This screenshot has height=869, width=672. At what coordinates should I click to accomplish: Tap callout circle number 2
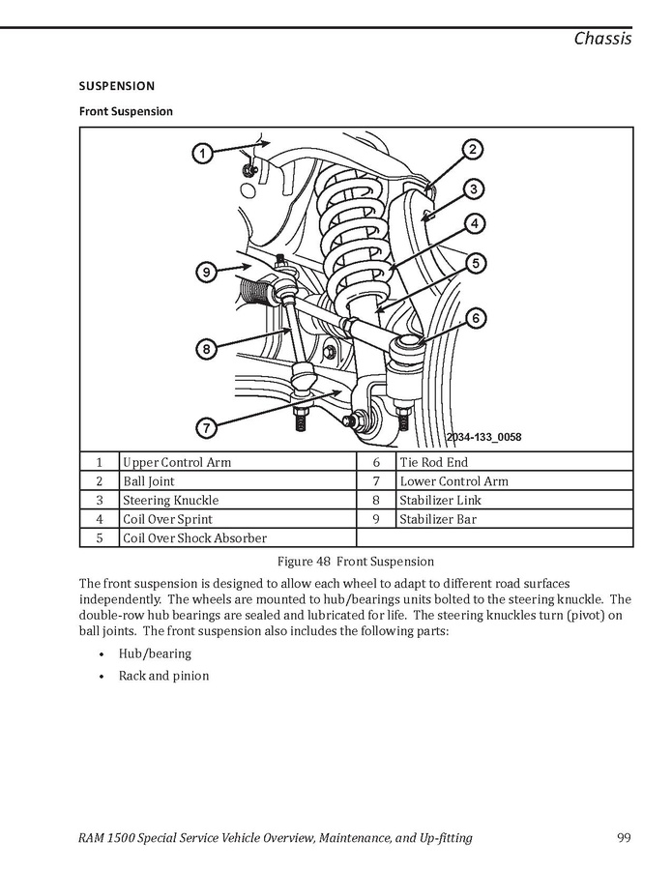(x=472, y=149)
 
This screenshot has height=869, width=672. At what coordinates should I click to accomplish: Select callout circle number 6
(x=476, y=318)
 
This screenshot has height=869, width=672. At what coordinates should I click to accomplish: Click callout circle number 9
(x=205, y=273)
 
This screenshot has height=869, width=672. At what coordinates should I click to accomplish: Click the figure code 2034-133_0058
(x=483, y=437)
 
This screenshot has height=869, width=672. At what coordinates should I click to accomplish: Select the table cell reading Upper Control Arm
(x=177, y=462)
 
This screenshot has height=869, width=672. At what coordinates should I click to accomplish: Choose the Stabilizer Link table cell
(x=440, y=501)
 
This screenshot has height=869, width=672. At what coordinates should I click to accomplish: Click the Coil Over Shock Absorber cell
(x=194, y=538)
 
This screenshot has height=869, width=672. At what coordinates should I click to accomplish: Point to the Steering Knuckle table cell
(x=170, y=501)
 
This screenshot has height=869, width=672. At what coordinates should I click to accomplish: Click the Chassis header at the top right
(x=602, y=39)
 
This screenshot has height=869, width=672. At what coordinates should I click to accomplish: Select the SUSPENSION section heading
(x=117, y=86)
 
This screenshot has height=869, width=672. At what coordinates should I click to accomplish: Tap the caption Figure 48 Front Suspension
(x=356, y=562)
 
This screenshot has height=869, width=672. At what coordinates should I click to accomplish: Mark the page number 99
(x=623, y=838)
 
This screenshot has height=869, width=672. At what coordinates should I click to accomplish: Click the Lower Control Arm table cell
(x=453, y=481)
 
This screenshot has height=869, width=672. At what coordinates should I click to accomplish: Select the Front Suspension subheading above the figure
(x=126, y=111)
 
